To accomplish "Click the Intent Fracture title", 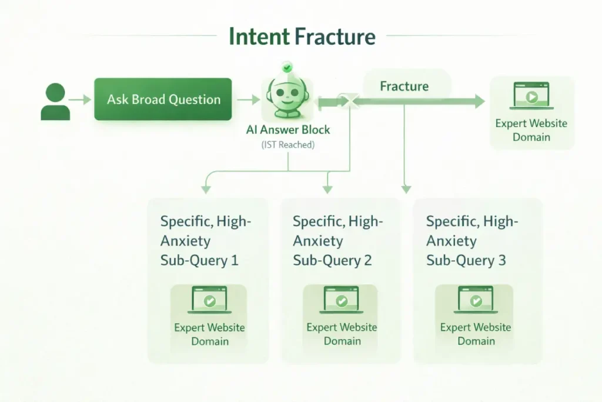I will [x=302, y=36].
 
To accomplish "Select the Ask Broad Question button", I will [x=163, y=99].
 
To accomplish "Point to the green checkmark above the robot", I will [x=287, y=68].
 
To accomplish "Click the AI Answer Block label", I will [x=288, y=130].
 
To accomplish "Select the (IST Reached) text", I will [x=288, y=145].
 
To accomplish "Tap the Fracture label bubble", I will [x=404, y=87].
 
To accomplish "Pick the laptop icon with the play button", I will [x=531, y=96].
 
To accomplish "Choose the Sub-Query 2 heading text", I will [x=338, y=241].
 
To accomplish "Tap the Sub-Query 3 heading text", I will [x=472, y=241].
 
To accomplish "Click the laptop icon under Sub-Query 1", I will [x=209, y=301].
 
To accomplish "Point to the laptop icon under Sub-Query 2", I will [x=342, y=301].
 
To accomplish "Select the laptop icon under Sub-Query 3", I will [x=476, y=301].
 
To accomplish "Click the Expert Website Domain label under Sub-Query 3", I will [x=476, y=334].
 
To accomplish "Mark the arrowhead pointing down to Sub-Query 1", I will [x=205, y=189].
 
